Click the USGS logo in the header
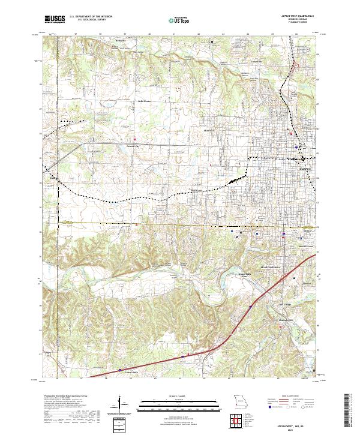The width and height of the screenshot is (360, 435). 54,20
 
